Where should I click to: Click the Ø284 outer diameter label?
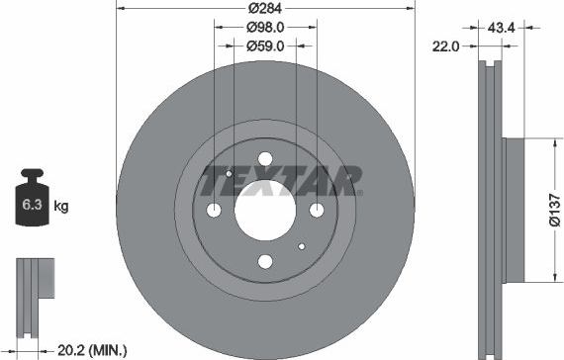(x=265, y=9)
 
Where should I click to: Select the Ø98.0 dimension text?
(x=265, y=28)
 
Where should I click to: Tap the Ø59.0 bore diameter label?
(x=265, y=45)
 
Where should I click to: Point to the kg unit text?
(x=61, y=207)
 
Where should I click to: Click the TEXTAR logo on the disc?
(x=280, y=181)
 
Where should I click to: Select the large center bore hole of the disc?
(x=265, y=210)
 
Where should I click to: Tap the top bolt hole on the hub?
(x=265, y=160)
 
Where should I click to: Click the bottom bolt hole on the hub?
(x=265, y=261)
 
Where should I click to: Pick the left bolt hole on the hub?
(x=215, y=210)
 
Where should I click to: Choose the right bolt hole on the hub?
(x=316, y=210)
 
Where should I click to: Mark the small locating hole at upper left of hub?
(x=229, y=174)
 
